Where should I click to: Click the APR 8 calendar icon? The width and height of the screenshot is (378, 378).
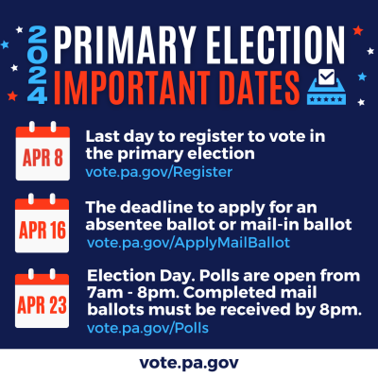43,151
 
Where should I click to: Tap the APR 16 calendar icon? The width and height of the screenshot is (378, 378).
43,223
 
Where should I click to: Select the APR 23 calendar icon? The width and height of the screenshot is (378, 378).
43,298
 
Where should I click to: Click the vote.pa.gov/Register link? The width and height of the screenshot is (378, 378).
159,172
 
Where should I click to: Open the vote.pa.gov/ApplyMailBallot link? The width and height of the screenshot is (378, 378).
188,243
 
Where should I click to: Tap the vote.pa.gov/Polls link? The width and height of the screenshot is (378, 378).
147,328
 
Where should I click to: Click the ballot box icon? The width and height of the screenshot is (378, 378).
326,87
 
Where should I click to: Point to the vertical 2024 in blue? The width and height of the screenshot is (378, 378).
38,65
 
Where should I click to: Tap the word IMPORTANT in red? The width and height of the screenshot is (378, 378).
132,87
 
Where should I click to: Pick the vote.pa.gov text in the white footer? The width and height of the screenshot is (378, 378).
189,363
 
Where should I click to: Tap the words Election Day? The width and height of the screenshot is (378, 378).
140,276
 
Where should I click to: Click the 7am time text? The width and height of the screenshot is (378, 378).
105,293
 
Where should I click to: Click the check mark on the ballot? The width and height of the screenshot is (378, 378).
326,76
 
